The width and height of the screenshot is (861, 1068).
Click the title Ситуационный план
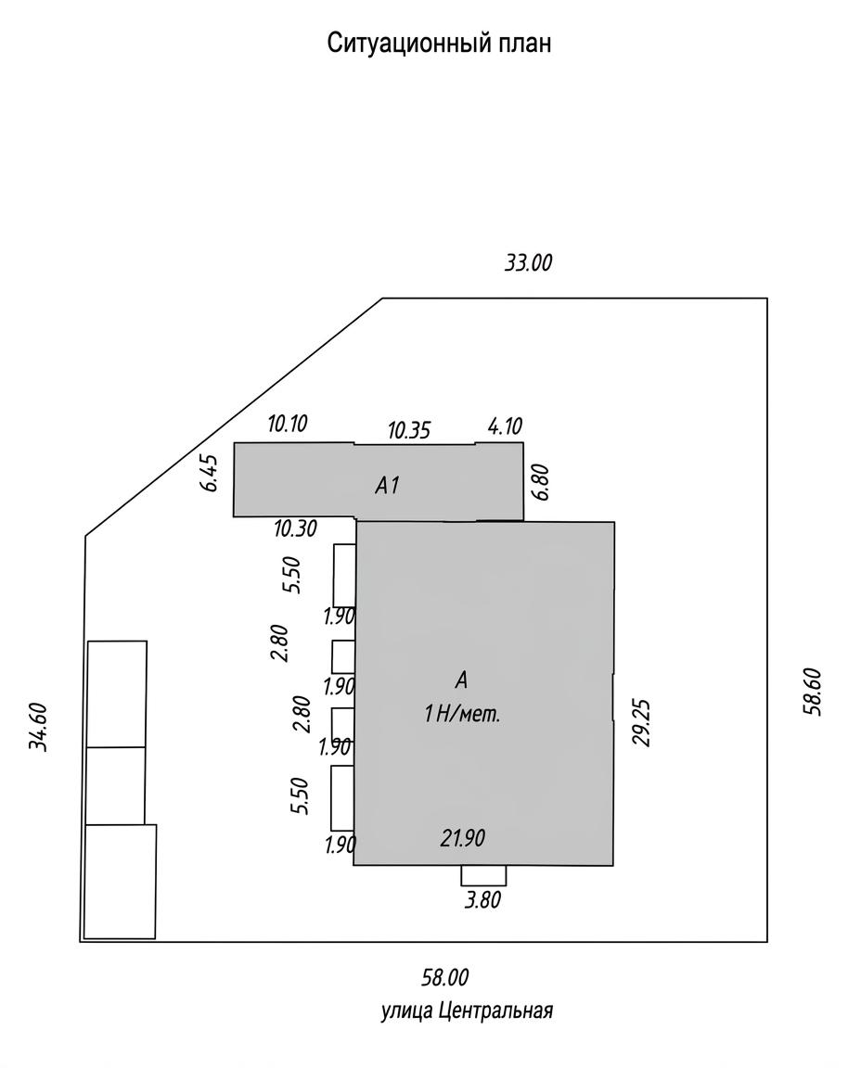pyautogui.click(x=438, y=44)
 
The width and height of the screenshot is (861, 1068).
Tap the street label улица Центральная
pyautogui.click(x=467, y=1011)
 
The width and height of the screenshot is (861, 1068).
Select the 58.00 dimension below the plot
pyautogui.click(x=444, y=977)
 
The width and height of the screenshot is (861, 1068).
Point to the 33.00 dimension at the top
pyautogui.click(x=528, y=262)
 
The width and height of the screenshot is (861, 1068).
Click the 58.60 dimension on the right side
pyautogui.click(x=813, y=692)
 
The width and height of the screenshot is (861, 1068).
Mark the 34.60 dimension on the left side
pyautogui.click(x=37, y=727)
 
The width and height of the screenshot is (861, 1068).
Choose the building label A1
pyautogui.click(x=387, y=485)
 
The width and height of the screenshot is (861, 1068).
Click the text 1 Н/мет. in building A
pyautogui.click(x=462, y=715)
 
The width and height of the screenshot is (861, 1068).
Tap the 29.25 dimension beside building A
pyautogui.click(x=642, y=723)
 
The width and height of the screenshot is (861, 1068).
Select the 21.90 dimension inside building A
pyautogui.click(x=462, y=838)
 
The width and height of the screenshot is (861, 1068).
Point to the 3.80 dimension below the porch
pyautogui.click(x=482, y=900)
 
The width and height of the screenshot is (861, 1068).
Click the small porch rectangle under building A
pyautogui.click(x=483, y=875)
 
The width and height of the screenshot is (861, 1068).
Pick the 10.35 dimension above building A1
pyautogui.click(x=409, y=430)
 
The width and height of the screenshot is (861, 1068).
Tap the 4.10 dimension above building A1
pyautogui.click(x=505, y=426)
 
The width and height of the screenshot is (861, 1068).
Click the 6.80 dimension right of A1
pyautogui.click(x=541, y=482)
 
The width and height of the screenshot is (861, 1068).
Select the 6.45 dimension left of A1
pyautogui.click(x=212, y=473)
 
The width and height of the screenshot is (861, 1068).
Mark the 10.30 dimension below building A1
pyautogui.click(x=295, y=528)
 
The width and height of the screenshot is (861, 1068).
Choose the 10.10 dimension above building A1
pyautogui.click(x=287, y=424)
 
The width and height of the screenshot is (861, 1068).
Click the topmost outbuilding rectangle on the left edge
pyautogui.click(x=117, y=694)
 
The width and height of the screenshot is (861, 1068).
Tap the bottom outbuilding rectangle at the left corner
pyautogui.click(x=120, y=882)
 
